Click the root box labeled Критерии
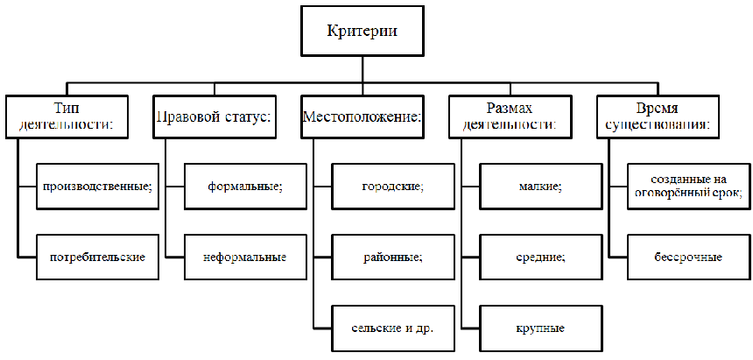pos(362,32)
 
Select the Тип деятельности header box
pos(67,116)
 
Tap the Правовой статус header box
pos(214,116)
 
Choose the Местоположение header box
pos(362,116)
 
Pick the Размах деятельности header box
pos(510,116)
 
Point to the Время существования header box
pos(658,116)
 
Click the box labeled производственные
pos(97,187)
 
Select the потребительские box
pos(97,258)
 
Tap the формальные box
pos(245,187)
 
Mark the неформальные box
pos(245,258)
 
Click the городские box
pos(393,187)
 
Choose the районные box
pos(393,258)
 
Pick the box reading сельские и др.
pos(393,328)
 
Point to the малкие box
pos(541,187)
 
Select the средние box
pos(541,258)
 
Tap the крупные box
pos(541,328)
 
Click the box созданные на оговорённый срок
pos(688,187)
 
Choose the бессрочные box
pos(688,258)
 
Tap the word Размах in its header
pos(510,108)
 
